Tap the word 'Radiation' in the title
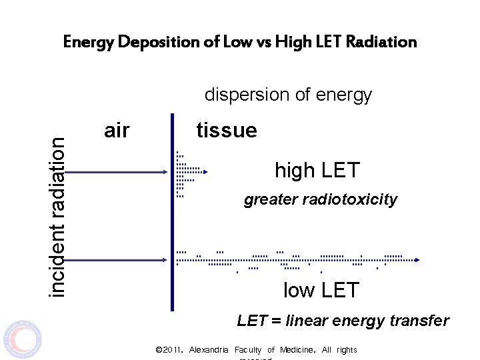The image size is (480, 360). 381,42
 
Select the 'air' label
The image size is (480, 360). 117,131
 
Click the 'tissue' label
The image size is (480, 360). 227,131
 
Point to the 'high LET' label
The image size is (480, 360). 317,171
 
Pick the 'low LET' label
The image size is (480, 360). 321,291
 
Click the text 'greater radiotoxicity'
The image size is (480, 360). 321,199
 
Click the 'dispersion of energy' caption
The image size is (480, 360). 288,95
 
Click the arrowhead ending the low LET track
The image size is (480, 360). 418,260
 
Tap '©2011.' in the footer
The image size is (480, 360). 169,350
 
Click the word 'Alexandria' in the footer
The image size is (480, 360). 209,350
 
